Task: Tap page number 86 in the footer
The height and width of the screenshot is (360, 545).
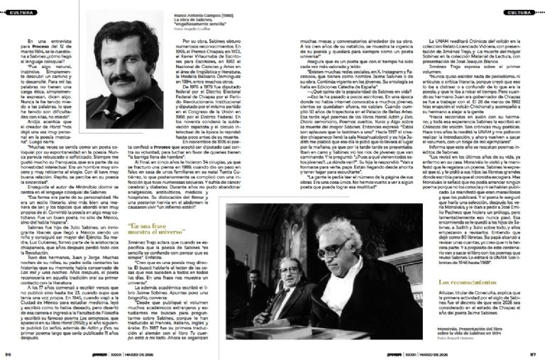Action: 8,353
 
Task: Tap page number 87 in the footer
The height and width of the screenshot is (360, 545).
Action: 536,353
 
